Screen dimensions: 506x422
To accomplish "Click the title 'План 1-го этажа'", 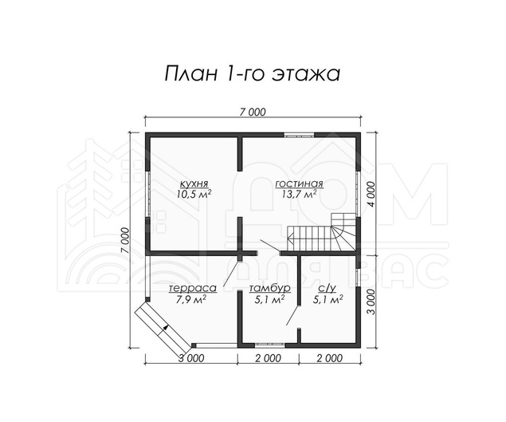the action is pyautogui.click(x=252, y=74).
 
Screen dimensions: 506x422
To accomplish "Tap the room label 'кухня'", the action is pyautogui.click(x=194, y=183).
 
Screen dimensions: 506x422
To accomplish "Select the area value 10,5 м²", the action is pyautogui.click(x=194, y=195).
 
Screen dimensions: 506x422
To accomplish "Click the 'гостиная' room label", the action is pyautogui.click(x=299, y=183).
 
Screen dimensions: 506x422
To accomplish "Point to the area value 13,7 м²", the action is pyautogui.click(x=299, y=195).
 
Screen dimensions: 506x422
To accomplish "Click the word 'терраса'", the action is pyautogui.click(x=193, y=288).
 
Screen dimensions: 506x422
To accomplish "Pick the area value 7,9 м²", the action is pyautogui.click(x=192, y=299).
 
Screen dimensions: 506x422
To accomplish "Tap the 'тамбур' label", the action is pyautogui.click(x=270, y=288).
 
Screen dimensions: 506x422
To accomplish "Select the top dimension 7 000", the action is pyautogui.click(x=253, y=112).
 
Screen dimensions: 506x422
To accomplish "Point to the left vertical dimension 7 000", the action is pyautogui.click(x=126, y=240).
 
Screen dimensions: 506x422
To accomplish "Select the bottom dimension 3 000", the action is pyautogui.click(x=190, y=358).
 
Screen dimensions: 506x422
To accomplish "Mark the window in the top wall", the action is pyautogui.click(x=299, y=135).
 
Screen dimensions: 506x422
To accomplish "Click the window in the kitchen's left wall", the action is pyautogui.click(x=147, y=194).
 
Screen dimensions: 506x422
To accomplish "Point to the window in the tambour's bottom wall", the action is pyautogui.click(x=269, y=345).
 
